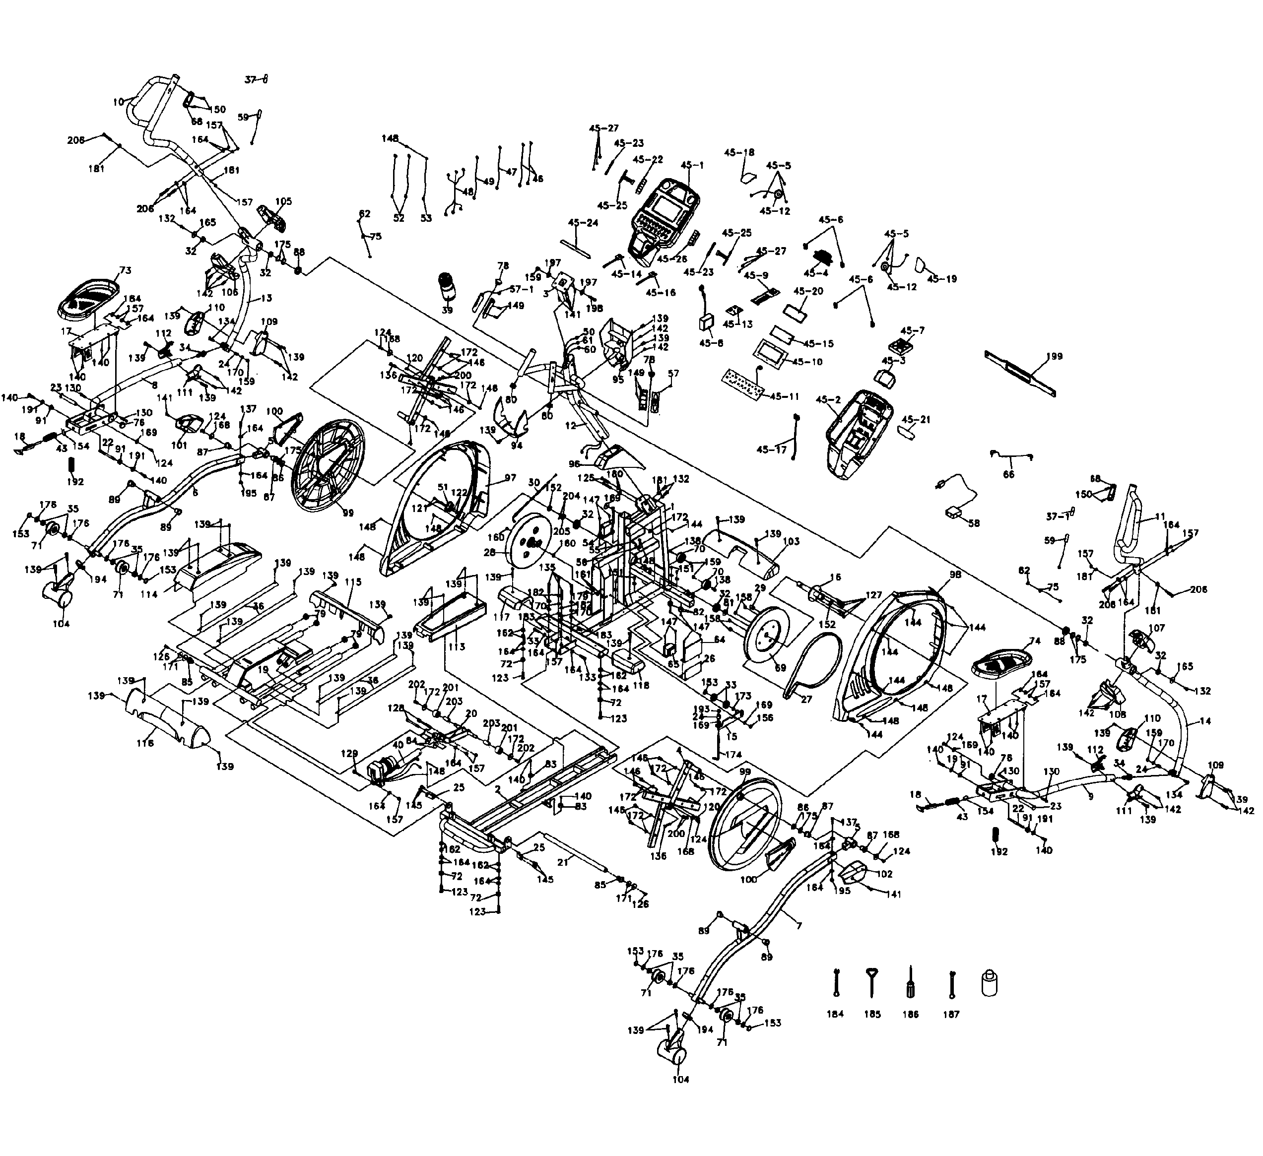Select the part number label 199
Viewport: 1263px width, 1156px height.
[x=1055, y=356]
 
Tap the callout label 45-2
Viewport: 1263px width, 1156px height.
[x=825, y=399]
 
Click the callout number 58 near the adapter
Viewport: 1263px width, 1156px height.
[x=974, y=523]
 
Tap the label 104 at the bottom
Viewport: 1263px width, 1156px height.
[x=680, y=1079]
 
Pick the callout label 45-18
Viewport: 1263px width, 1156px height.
[x=739, y=152]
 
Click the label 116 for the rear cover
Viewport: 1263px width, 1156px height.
[x=145, y=742]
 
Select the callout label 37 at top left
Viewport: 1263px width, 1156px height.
[x=251, y=79]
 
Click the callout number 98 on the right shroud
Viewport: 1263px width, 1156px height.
[x=955, y=574]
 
